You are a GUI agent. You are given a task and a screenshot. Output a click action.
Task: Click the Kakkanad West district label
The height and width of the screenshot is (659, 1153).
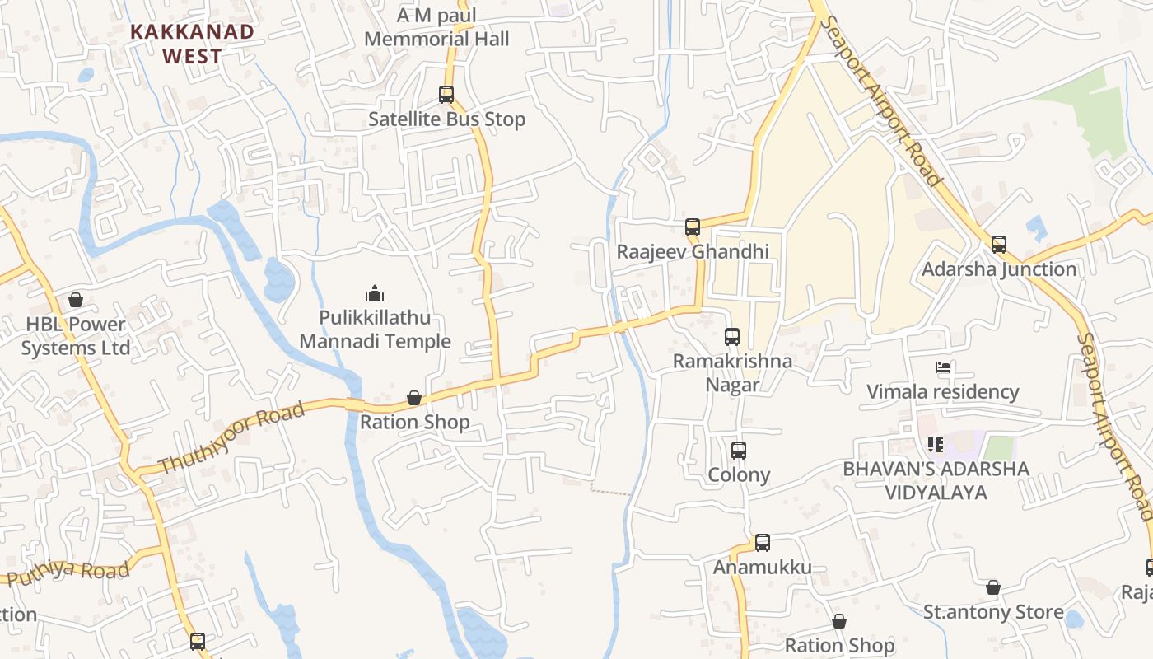click(x=192, y=44)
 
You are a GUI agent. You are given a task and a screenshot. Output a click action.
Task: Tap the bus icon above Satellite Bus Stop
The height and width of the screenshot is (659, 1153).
click(x=446, y=95)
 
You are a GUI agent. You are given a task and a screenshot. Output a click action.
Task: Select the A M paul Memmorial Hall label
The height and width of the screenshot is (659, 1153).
click(x=436, y=27)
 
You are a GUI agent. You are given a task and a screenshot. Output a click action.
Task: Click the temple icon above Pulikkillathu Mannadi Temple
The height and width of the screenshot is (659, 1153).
click(x=375, y=293)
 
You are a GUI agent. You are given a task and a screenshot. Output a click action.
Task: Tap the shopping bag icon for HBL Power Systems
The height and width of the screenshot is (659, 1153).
click(x=76, y=300)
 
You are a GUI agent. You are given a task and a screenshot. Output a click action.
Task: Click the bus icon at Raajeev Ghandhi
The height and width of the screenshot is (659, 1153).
click(x=693, y=227)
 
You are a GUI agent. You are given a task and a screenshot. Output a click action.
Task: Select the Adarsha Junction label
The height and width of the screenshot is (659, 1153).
click(x=999, y=269)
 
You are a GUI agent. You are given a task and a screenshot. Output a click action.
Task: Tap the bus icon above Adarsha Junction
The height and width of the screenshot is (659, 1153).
click(x=999, y=244)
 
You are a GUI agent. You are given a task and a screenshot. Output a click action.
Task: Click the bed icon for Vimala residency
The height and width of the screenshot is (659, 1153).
click(x=943, y=367)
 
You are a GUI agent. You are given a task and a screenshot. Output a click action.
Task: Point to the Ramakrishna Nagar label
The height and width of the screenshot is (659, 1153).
click(x=732, y=372)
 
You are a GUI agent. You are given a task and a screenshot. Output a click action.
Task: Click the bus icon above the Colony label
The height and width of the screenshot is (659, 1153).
click(x=739, y=451)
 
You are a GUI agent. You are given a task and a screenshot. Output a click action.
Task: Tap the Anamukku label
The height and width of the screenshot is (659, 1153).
click(x=762, y=568)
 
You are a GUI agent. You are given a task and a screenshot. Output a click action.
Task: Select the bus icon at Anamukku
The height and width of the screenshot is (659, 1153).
click(x=763, y=543)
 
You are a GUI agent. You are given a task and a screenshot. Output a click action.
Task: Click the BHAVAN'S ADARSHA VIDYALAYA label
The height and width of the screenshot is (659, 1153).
click(x=936, y=481)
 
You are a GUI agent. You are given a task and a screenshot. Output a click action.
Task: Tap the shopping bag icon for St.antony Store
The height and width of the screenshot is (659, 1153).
click(x=993, y=587)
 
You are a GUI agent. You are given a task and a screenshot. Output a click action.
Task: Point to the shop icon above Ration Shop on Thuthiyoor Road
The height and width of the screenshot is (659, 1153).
click(x=414, y=399)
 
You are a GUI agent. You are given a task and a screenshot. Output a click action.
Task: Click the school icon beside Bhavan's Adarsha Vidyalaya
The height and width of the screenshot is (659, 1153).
click(x=935, y=445)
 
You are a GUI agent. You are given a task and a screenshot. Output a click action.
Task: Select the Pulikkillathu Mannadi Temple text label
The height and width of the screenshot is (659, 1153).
click(x=375, y=329)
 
